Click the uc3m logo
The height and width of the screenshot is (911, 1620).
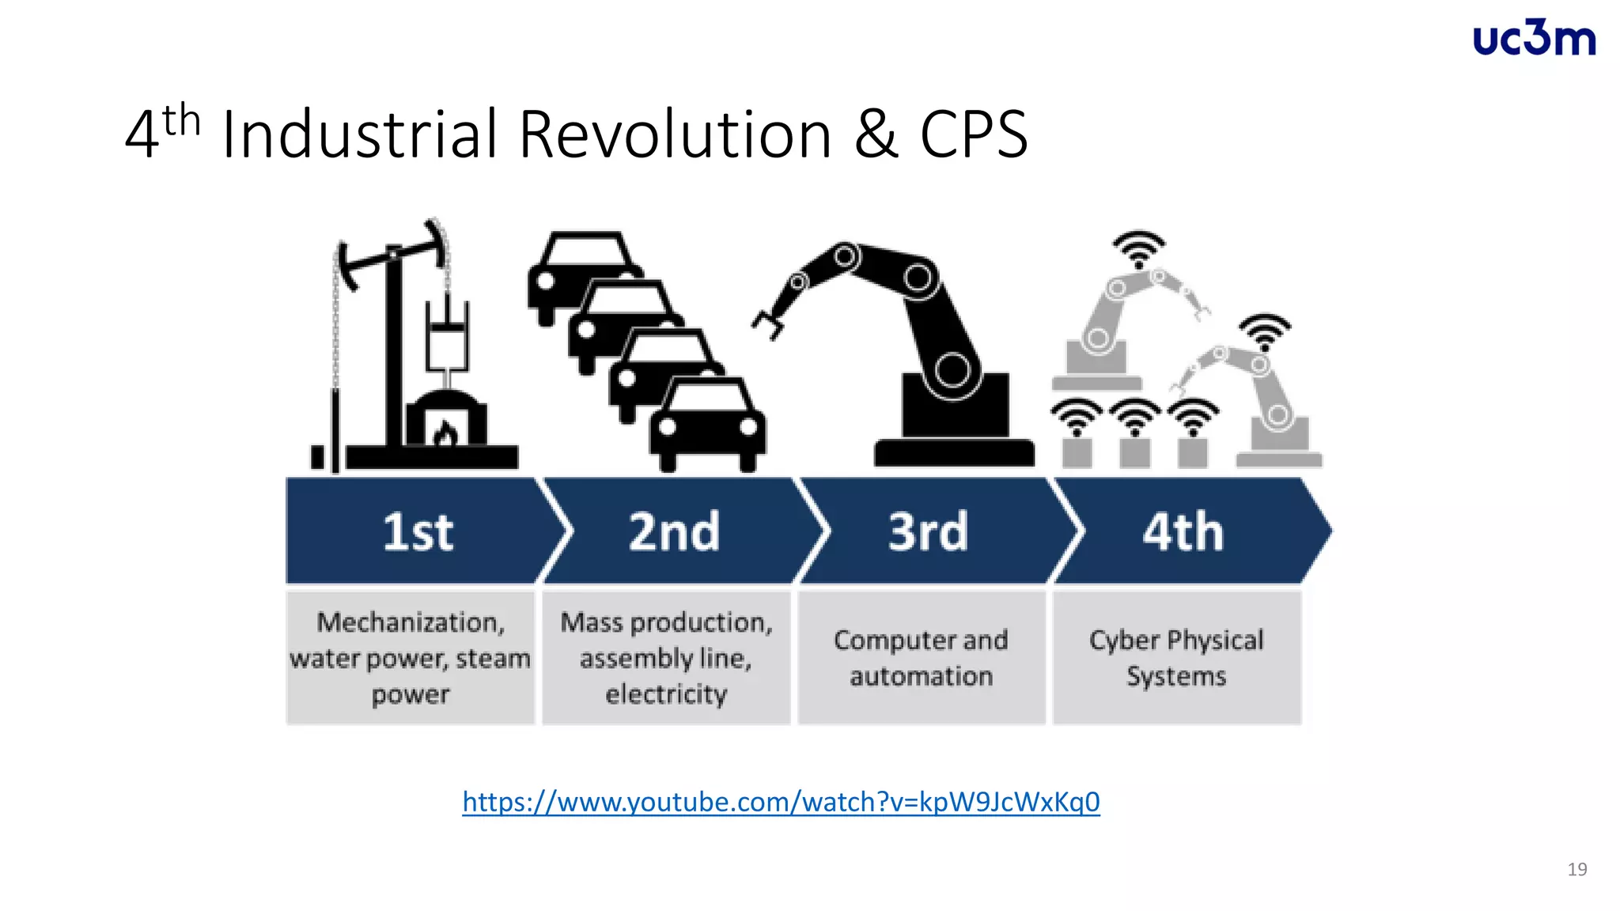click(x=1534, y=39)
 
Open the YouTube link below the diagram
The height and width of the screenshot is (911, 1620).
click(x=781, y=802)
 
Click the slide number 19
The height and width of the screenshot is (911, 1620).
click(x=1576, y=869)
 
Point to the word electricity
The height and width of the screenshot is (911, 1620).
click(x=666, y=694)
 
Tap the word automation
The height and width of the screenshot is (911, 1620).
click(x=922, y=676)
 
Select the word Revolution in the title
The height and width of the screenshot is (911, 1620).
click(x=675, y=134)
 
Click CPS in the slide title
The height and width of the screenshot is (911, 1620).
click(x=973, y=134)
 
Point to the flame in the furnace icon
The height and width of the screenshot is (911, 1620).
click(x=445, y=434)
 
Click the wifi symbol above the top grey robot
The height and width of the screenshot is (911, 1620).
click(x=1138, y=248)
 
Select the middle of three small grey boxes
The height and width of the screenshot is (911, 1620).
click(x=1135, y=452)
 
